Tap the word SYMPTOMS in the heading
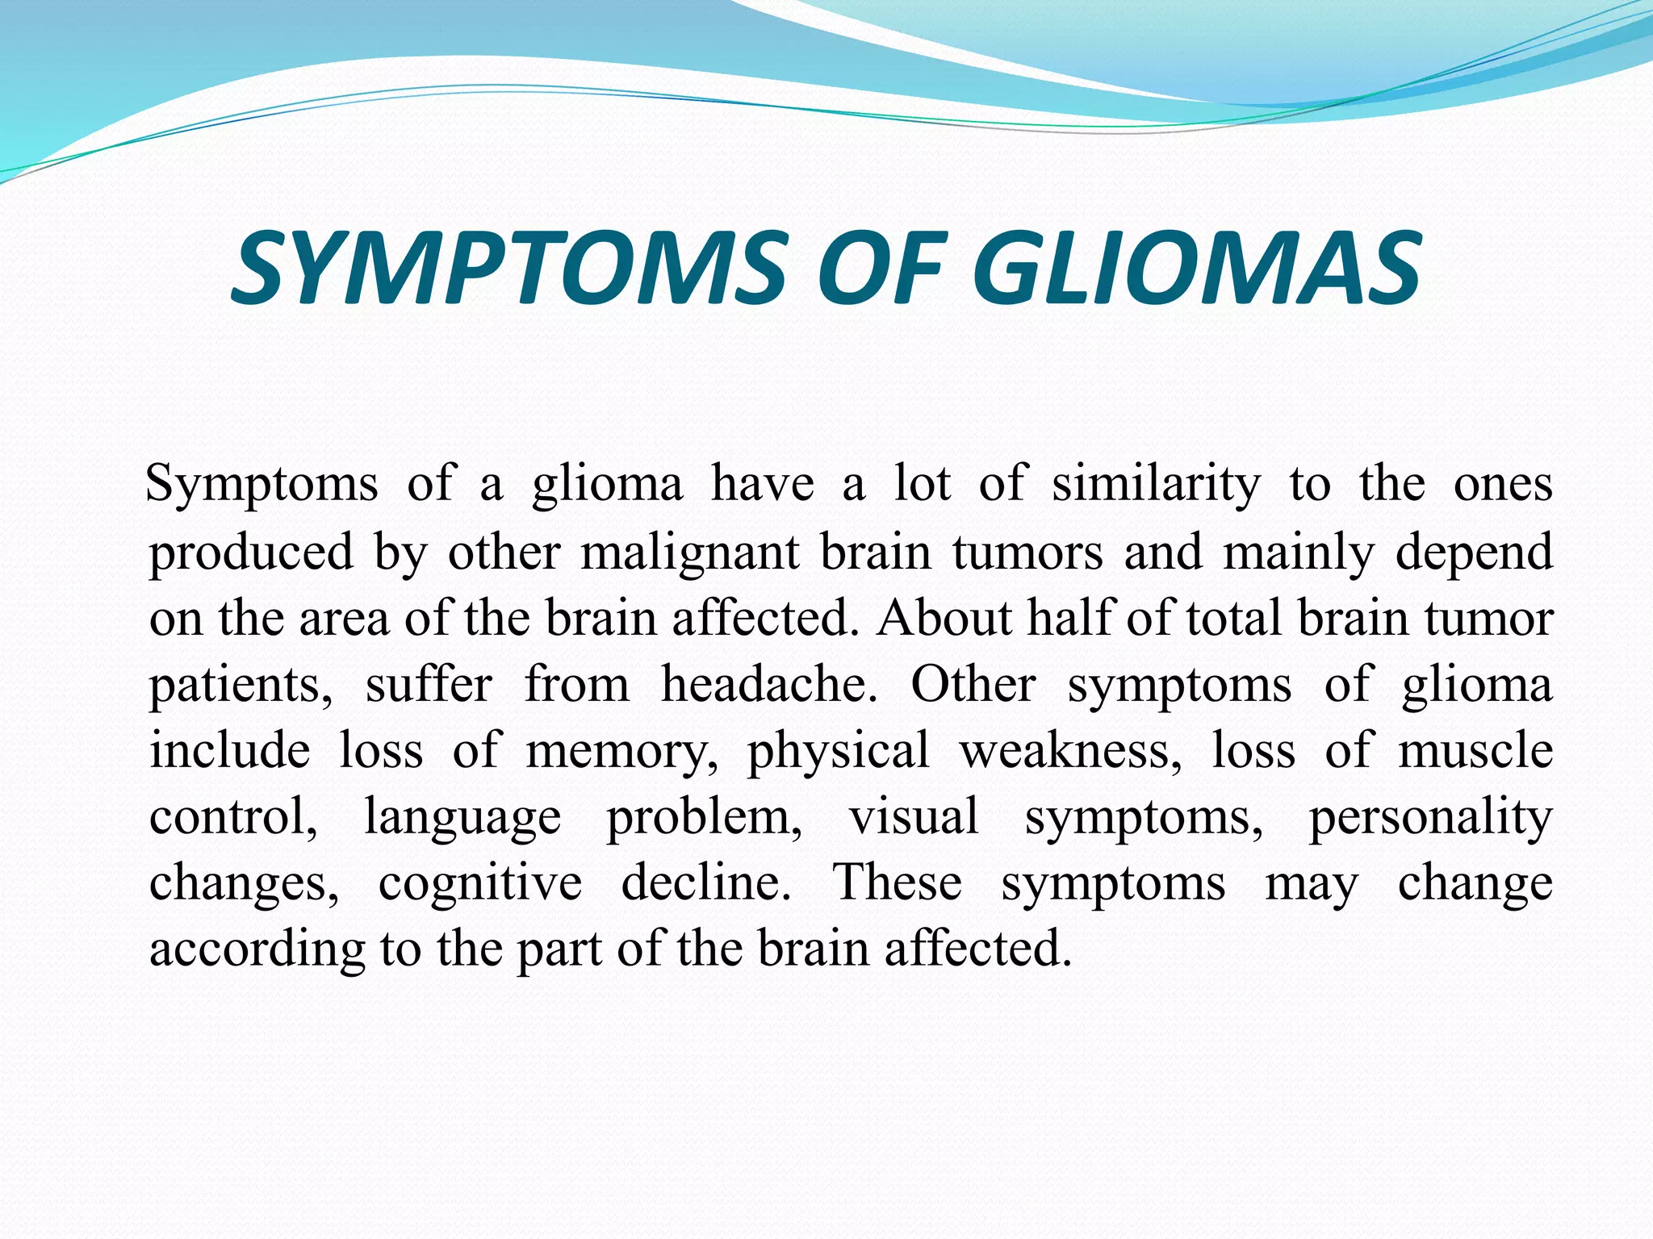509,268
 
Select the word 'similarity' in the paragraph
1156,485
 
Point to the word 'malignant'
690,553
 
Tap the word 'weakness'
1070,750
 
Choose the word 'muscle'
1475,750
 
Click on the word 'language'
462,817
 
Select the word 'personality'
1430,817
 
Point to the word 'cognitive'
480,882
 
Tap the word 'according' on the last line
257,949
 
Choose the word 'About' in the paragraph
945,619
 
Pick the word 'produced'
252,553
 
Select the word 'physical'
839,751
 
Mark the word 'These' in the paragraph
898,882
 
